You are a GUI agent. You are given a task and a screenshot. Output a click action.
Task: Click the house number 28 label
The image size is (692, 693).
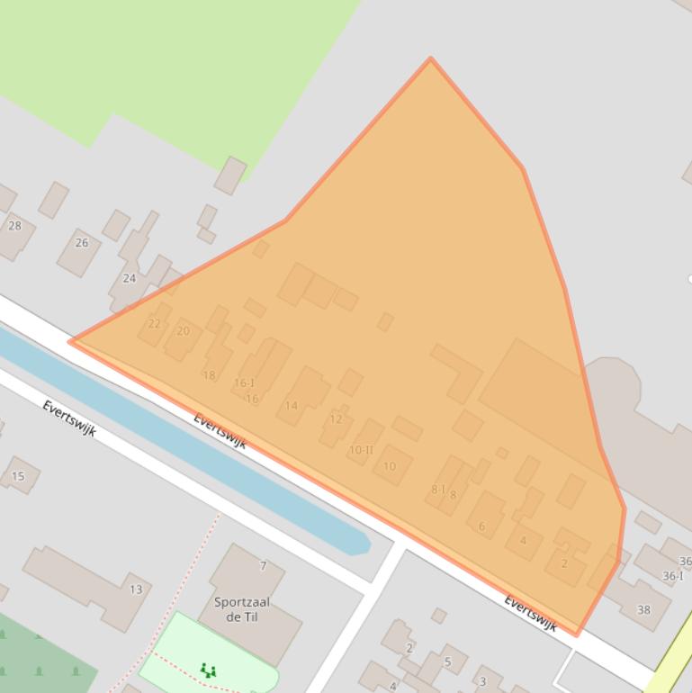(14, 226)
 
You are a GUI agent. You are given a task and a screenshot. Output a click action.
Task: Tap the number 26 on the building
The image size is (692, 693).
(82, 243)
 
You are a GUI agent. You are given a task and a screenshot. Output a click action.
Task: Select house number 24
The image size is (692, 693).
(130, 278)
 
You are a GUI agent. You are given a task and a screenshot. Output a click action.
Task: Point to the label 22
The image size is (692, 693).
(155, 324)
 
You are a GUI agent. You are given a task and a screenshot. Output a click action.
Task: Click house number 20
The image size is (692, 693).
(184, 331)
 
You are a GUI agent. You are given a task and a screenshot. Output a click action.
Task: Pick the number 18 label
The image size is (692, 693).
(209, 375)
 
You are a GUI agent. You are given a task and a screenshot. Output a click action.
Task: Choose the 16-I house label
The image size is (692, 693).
(244, 383)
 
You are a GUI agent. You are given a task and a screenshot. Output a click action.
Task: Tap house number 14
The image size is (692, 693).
(292, 406)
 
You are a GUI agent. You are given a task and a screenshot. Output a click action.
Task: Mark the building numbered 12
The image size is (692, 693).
(336, 418)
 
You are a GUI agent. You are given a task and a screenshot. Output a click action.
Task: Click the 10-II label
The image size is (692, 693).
(361, 450)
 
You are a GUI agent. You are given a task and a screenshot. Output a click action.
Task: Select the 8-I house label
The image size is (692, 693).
(438, 490)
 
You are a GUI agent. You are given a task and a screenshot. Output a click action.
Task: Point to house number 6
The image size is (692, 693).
(482, 526)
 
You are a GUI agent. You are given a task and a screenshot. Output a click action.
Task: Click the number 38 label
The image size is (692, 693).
(643, 610)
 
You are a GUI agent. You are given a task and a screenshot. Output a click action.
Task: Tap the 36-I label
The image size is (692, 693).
(673, 576)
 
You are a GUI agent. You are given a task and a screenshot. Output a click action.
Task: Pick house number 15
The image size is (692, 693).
(18, 476)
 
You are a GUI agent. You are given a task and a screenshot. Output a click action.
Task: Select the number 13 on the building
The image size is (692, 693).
(136, 590)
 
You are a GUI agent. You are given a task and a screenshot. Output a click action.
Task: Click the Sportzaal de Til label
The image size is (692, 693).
(242, 609)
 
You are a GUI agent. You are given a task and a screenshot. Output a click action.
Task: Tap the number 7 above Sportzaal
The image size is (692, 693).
(264, 566)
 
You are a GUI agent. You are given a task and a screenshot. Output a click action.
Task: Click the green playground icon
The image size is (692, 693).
(208, 670)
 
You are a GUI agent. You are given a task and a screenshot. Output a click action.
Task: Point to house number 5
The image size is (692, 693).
(447, 662)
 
